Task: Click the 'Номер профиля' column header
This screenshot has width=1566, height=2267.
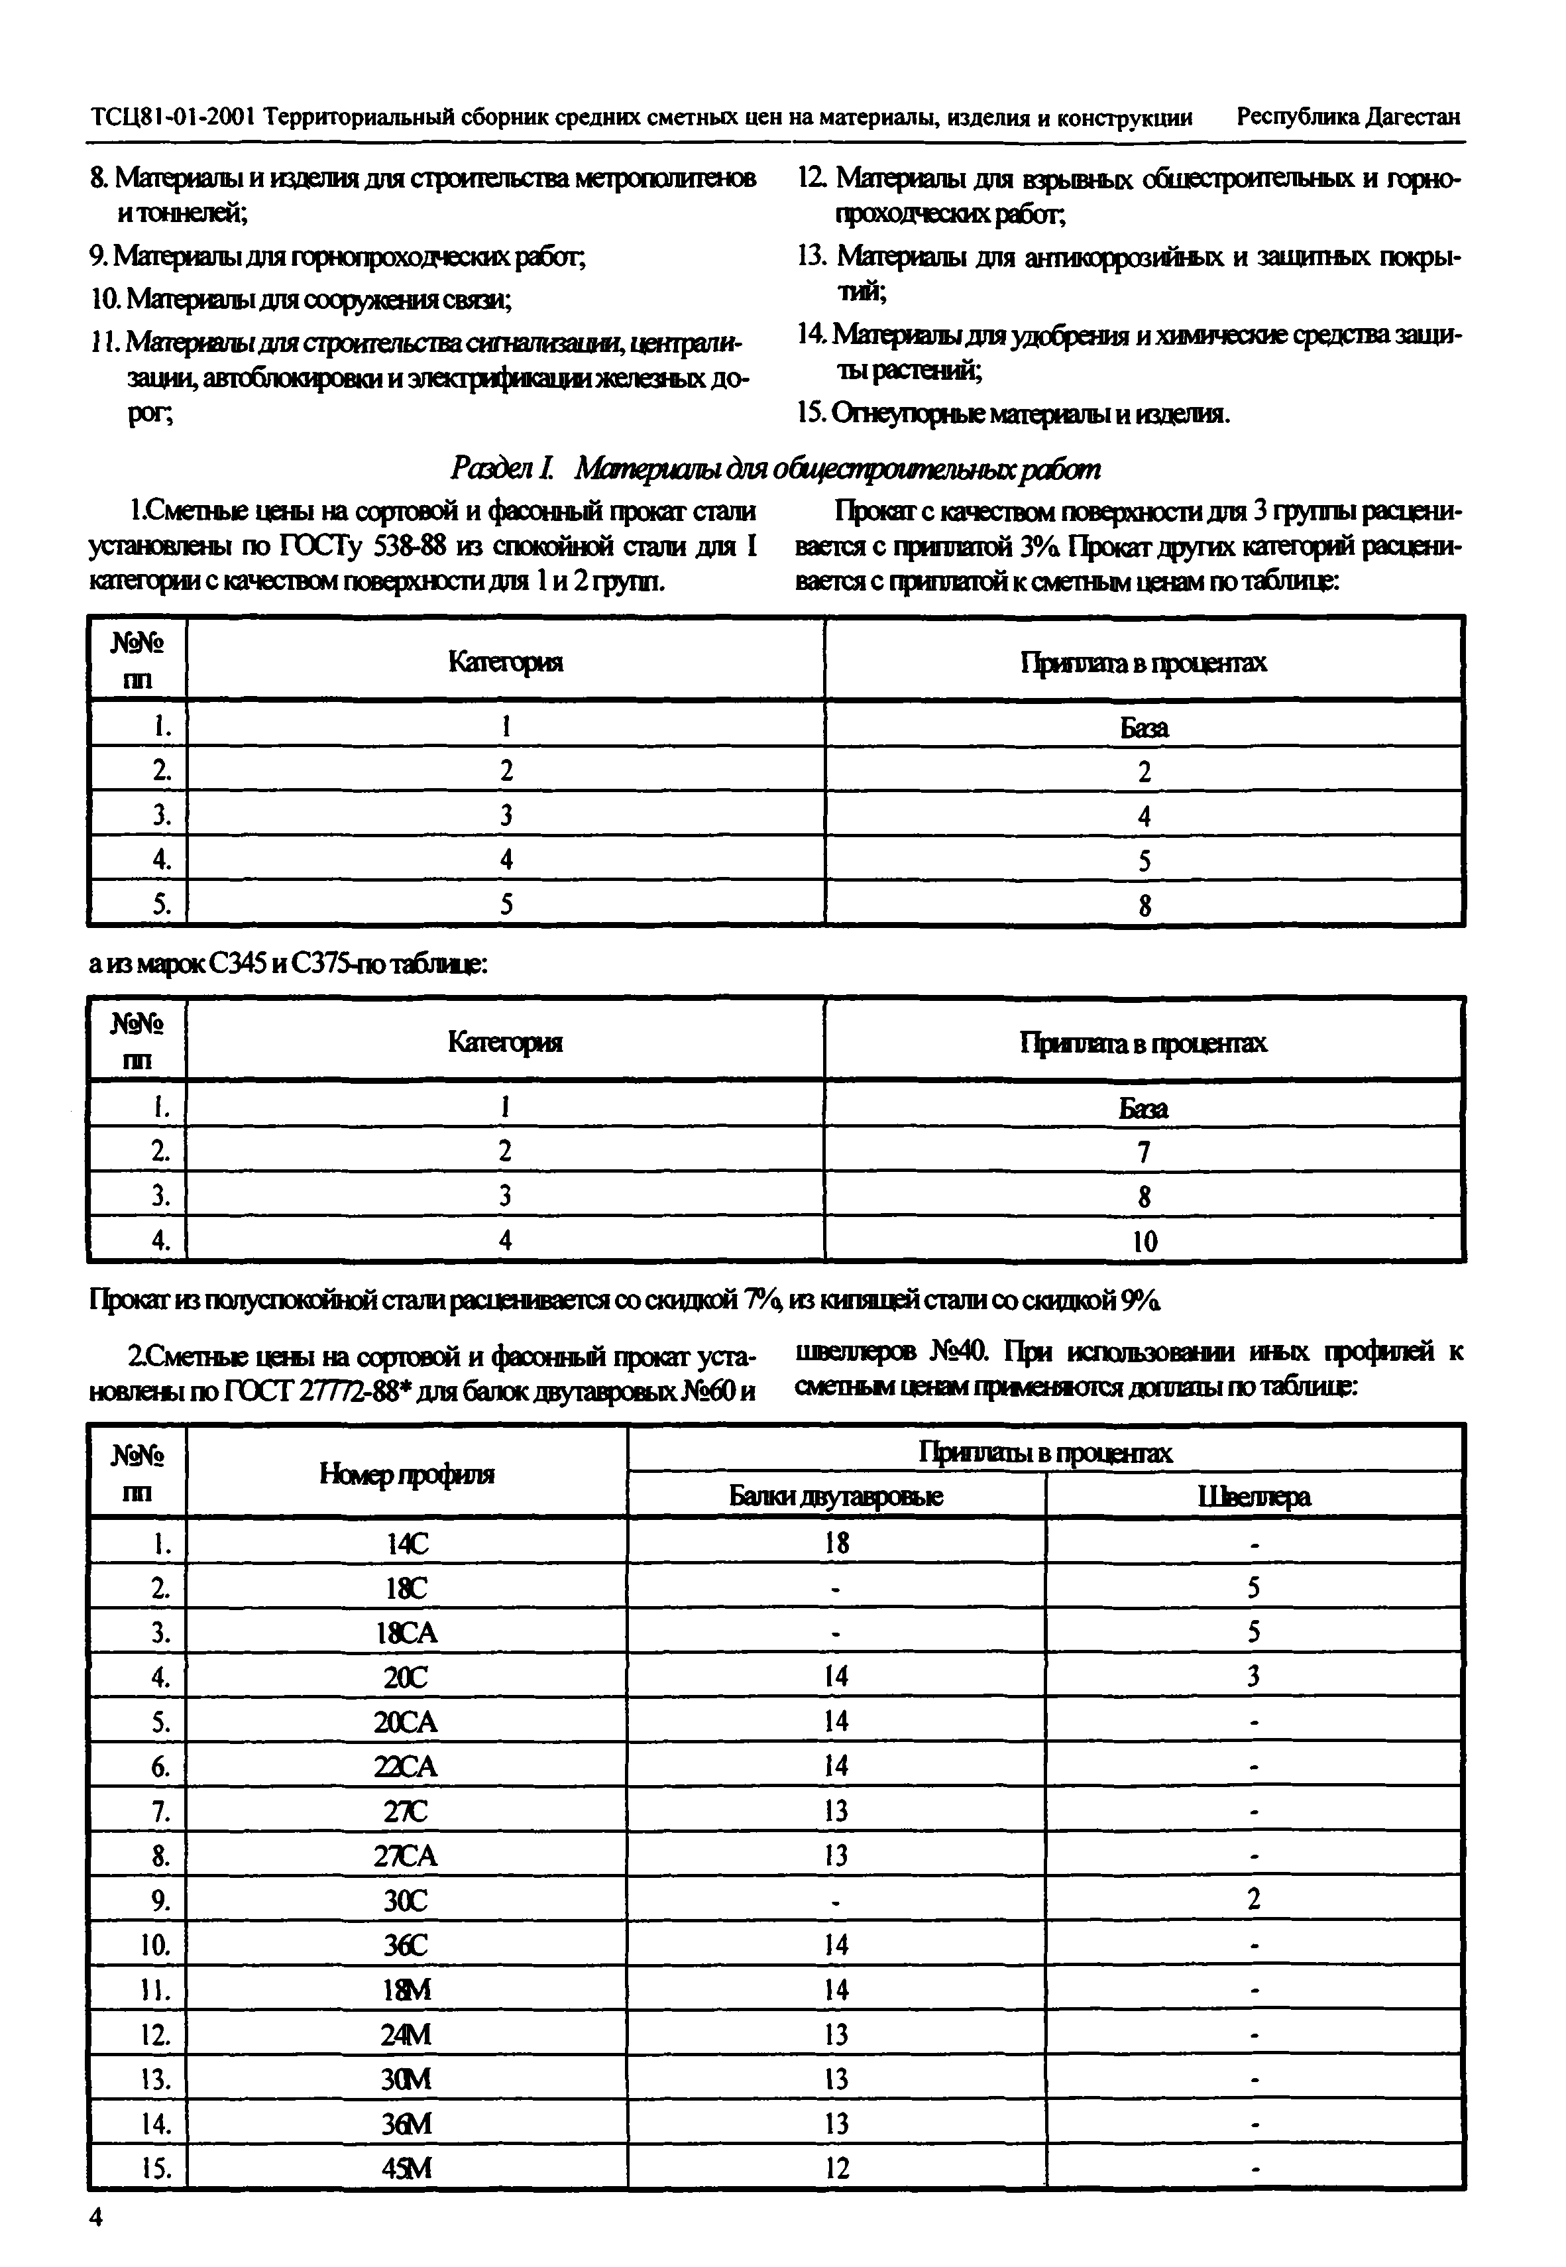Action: click(406, 1474)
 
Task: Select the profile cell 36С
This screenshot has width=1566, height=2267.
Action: click(406, 1944)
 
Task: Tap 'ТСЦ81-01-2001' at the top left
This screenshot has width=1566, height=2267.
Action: click(174, 118)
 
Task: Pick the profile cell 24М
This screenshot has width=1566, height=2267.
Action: click(406, 2034)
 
